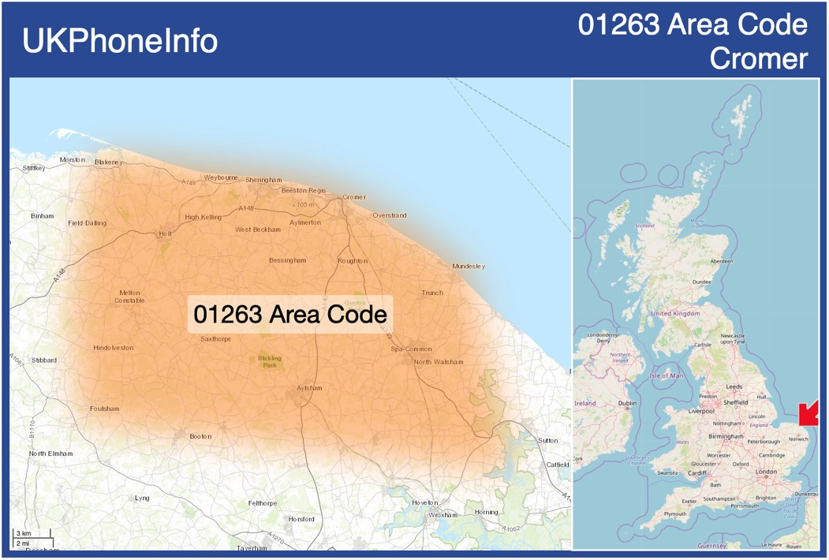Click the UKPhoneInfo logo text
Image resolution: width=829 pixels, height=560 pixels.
(x=120, y=41)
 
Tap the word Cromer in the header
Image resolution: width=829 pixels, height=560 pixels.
(x=758, y=58)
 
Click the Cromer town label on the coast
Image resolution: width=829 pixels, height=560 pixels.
(x=354, y=197)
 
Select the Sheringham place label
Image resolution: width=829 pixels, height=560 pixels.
(x=263, y=180)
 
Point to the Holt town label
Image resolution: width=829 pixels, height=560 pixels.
(x=165, y=233)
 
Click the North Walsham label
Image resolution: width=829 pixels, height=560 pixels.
(x=439, y=362)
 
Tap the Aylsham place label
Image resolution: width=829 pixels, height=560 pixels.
(x=310, y=388)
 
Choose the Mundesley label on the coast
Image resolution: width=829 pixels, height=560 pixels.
(x=469, y=267)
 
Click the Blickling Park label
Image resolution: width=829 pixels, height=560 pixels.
(x=270, y=361)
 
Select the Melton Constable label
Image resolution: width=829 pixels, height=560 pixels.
(x=129, y=296)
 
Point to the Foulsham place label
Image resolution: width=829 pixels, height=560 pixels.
(x=105, y=409)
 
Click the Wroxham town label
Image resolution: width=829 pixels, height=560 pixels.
(x=443, y=515)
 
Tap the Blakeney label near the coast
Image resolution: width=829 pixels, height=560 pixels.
(x=109, y=162)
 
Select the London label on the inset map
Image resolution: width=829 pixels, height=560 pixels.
(x=766, y=472)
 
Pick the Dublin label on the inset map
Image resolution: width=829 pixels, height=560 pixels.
(x=627, y=404)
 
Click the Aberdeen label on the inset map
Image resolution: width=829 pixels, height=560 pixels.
(x=721, y=261)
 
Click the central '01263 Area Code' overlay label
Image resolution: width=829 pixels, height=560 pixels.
(x=290, y=314)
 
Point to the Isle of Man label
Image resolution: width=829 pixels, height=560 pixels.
(x=666, y=375)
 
